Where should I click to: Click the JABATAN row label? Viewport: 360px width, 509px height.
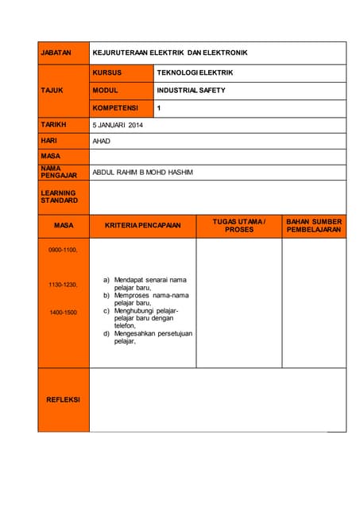pyautogui.click(x=56, y=52)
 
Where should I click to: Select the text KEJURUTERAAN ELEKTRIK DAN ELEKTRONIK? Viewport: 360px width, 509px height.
pyautogui.click(x=170, y=52)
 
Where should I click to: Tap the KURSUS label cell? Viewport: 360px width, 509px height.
pyautogui.click(x=106, y=72)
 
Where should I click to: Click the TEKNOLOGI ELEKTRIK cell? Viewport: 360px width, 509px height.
pyautogui.click(x=195, y=72)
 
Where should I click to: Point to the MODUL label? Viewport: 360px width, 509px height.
pyautogui.click(x=106, y=91)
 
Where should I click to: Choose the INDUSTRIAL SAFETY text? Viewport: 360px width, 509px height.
pyautogui.click(x=191, y=91)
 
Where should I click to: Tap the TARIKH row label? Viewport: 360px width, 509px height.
pyautogui.click(x=54, y=125)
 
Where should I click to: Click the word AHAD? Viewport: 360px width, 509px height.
pyautogui.click(x=102, y=141)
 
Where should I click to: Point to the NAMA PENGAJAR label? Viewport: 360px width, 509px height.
pyautogui.click(x=59, y=172)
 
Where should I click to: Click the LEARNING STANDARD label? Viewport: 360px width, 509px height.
pyautogui.click(x=59, y=196)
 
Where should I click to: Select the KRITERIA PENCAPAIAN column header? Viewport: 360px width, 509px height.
pyautogui.click(x=142, y=226)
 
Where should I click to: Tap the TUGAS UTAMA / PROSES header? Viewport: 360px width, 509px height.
pyautogui.click(x=239, y=225)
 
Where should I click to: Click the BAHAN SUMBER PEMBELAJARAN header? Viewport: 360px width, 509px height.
pyautogui.click(x=314, y=225)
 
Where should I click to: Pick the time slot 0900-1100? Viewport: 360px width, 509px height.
pyautogui.click(x=63, y=250)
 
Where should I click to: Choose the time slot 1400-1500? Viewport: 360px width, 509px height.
pyautogui.click(x=63, y=313)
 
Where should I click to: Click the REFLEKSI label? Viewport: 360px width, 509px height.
pyautogui.click(x=63, y=399)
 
